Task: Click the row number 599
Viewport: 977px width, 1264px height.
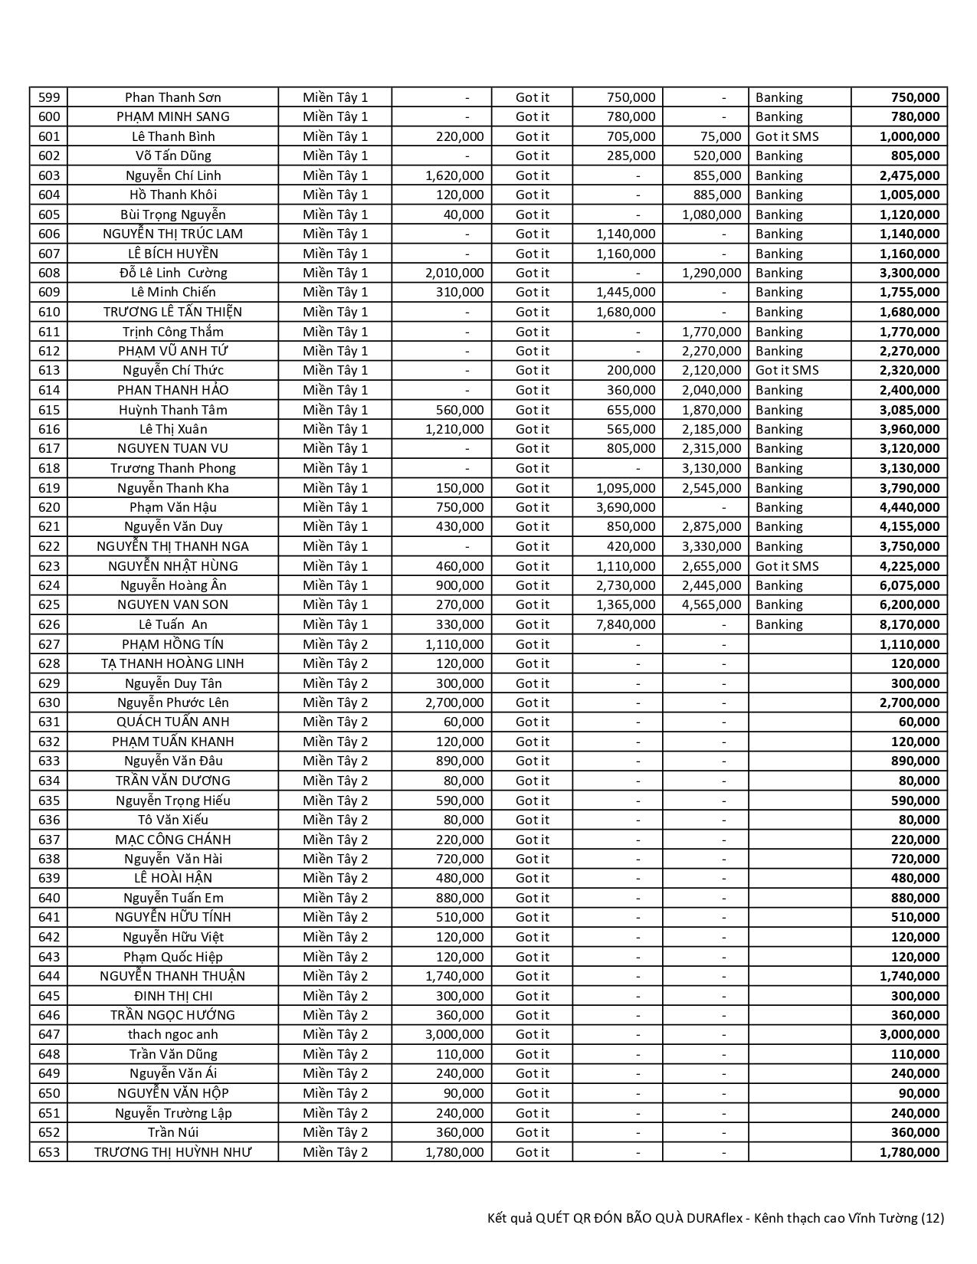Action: (x=49, y=97)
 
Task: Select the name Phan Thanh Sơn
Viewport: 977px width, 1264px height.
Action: (x=173, y=97)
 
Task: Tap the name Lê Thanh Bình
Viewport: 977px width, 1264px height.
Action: (x=173, y=136)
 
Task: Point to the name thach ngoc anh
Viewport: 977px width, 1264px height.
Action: (x=173, y=1034)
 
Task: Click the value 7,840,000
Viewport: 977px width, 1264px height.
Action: (x=626, y=624)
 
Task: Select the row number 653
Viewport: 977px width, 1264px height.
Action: (x=49, y=1152)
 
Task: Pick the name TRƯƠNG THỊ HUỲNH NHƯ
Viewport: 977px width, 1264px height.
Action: (x=173, y=1152)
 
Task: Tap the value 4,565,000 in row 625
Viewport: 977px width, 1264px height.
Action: (x=712, y=604)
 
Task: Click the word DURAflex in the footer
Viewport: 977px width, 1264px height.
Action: (x=716, y=1218)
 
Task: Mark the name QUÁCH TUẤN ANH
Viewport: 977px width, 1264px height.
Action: (x=173, y=722)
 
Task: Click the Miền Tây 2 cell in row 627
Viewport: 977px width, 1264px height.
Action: (x=336, y=644)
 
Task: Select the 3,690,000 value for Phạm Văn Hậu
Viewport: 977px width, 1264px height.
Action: (x=626, y=507)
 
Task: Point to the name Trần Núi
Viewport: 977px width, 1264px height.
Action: (x=173, y=1132)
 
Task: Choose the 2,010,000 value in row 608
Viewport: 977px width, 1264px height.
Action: (x=454, y=273)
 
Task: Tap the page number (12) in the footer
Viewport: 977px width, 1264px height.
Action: (x=933, y=1218)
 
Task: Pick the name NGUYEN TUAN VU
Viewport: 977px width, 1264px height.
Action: (x=173, y=448)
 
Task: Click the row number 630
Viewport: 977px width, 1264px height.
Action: (x=49, y=702)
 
